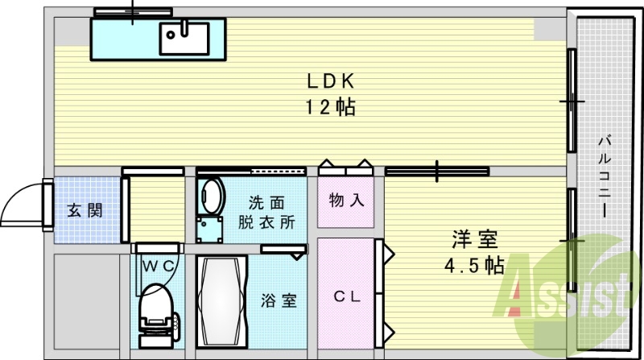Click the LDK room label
[x=330, y=81]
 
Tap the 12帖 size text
[x=330, y=107]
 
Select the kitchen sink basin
[x=184, y=36]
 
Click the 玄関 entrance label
[x=84, y=211]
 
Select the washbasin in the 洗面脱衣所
[x=212, y=196]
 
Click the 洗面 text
[x=266, y=201]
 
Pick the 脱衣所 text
[x=266, y=223]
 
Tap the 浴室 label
[x=279, y=301]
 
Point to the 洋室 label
[x=474, y=240]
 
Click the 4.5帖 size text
[x=474, y=265]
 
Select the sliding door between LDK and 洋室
[x=437, y=171]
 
